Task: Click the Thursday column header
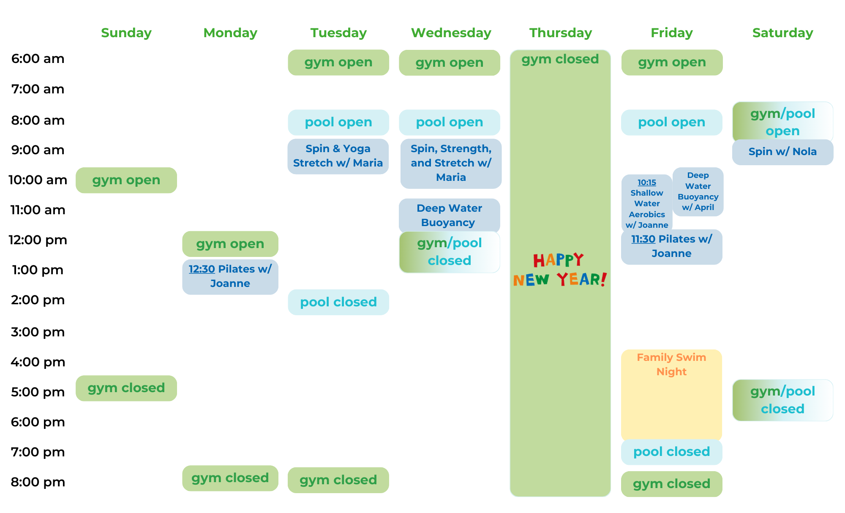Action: (560, 33)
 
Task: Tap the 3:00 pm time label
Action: (38, 332)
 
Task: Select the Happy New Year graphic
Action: (560, 270)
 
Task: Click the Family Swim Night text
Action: (671, 364)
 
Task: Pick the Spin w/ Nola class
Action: (782, 152)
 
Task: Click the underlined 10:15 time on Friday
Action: (646, 183)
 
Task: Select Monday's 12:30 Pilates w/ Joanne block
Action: (230, 276)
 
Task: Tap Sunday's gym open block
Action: (126, 180)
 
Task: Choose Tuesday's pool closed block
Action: (338, 302)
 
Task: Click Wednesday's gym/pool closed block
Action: (450, 252)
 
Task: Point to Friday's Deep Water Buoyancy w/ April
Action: (698, 191)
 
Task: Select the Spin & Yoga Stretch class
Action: (338, 156)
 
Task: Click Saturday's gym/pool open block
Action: (782, 122)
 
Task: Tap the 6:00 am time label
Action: (38, 59)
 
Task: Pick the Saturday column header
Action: (782, 33)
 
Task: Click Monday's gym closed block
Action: (230, 478)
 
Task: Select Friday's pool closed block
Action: (671, 452)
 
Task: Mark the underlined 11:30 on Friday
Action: (643, 239)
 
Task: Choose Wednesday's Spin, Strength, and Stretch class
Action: (451, 163)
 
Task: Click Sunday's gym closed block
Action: (126, 388)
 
